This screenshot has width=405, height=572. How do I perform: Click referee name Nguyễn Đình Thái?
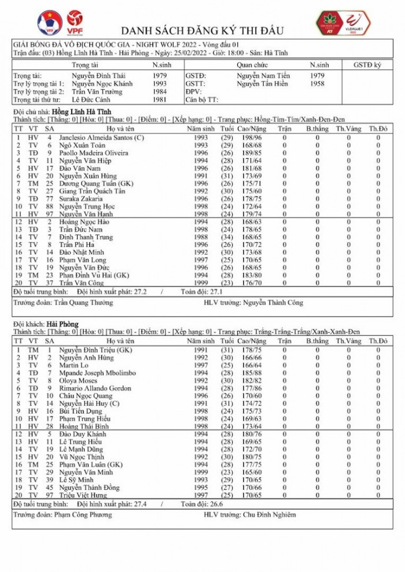pyautogui.click(x=97, y=76)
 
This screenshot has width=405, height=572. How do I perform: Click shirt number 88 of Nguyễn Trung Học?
pyautogui.click(x=50, y=206)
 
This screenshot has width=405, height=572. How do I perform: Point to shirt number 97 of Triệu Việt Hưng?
pyautogui.click(x=50, y=495)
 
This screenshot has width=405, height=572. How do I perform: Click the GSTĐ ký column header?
pyautogui.click(x=367, y=66)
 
